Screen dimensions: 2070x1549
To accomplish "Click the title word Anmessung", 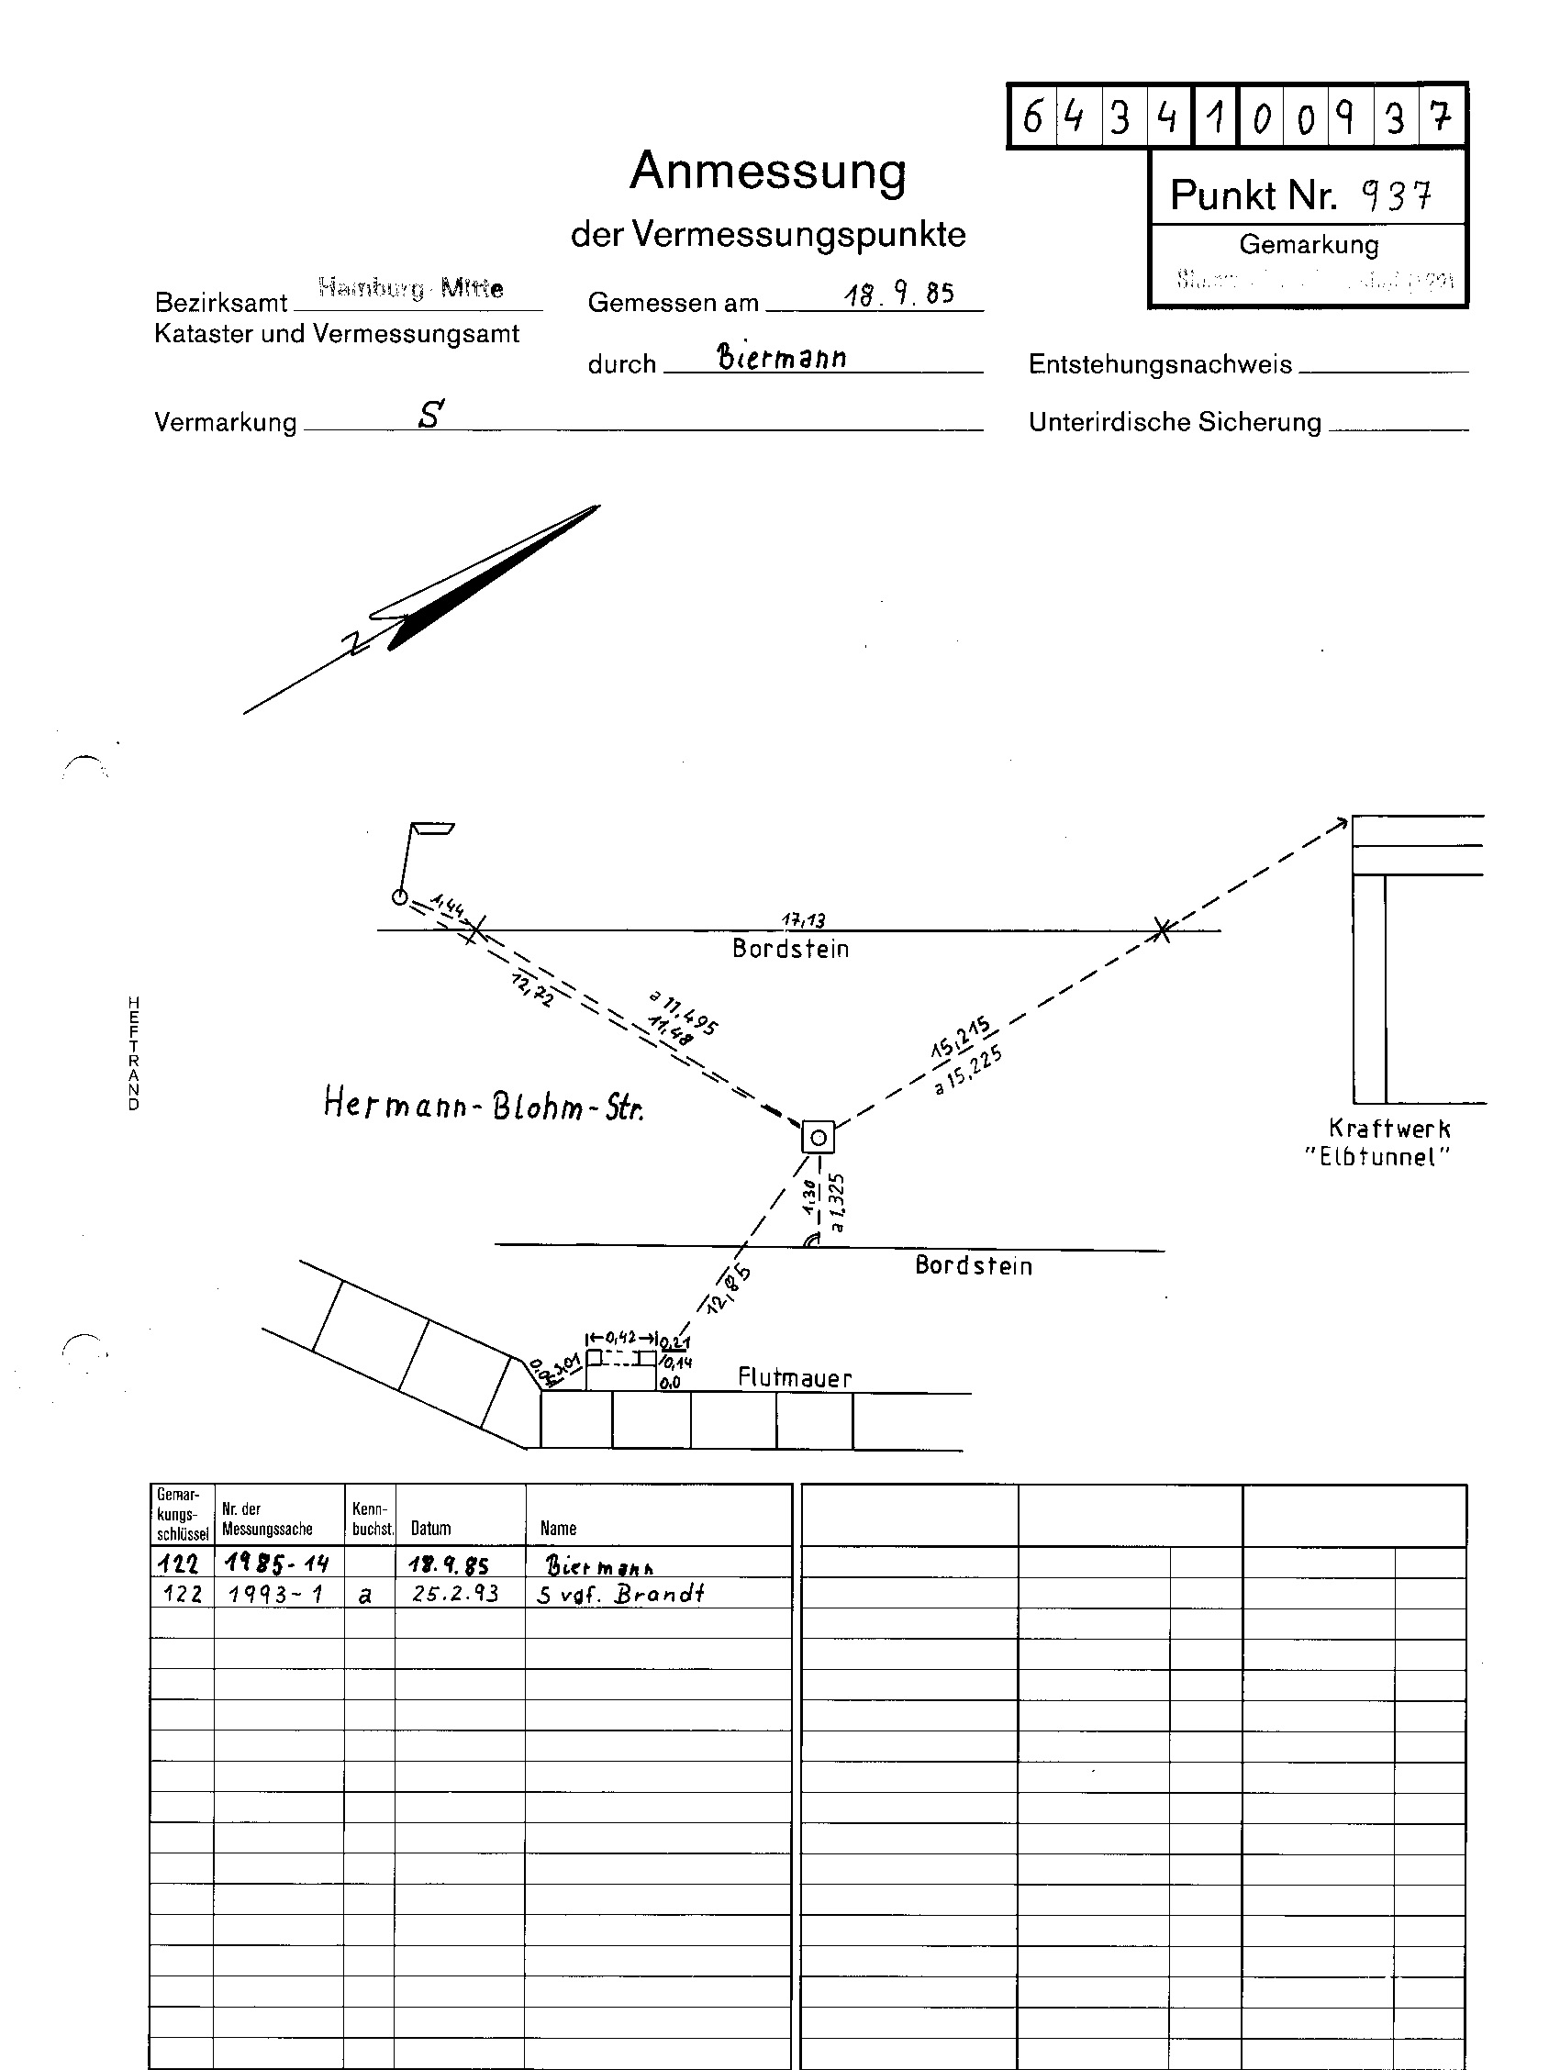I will click(x=767, y=171).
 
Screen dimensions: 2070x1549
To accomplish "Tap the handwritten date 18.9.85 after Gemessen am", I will click(x=898, y=295).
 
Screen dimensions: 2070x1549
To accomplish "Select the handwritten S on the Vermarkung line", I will click(x=430, y=415).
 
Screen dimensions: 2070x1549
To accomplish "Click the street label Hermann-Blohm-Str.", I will click(x=483, y=1107).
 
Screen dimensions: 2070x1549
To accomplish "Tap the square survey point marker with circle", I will click(x=818, y=1138).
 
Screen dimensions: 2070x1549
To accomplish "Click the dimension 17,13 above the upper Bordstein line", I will click(x=803, y=920).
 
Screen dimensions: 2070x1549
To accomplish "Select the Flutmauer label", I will click(x=795, y=1377).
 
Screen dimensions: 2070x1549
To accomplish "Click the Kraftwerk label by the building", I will click(x=1389, y=1129).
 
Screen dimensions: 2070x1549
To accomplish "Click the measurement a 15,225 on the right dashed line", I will click(x=970, y=1073).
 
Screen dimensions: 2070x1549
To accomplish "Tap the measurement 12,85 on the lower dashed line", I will click(x=730, y=1289).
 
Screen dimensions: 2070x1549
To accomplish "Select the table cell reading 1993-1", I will click(x=276, y=1594).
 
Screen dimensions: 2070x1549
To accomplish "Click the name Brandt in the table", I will click(x=659, y=1594).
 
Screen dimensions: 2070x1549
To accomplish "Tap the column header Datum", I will click(x=430, y=1528).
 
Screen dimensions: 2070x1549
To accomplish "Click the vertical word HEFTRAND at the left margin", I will click(x=134, y=1052).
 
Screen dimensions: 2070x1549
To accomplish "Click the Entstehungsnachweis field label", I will click(x=1160, y=364).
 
